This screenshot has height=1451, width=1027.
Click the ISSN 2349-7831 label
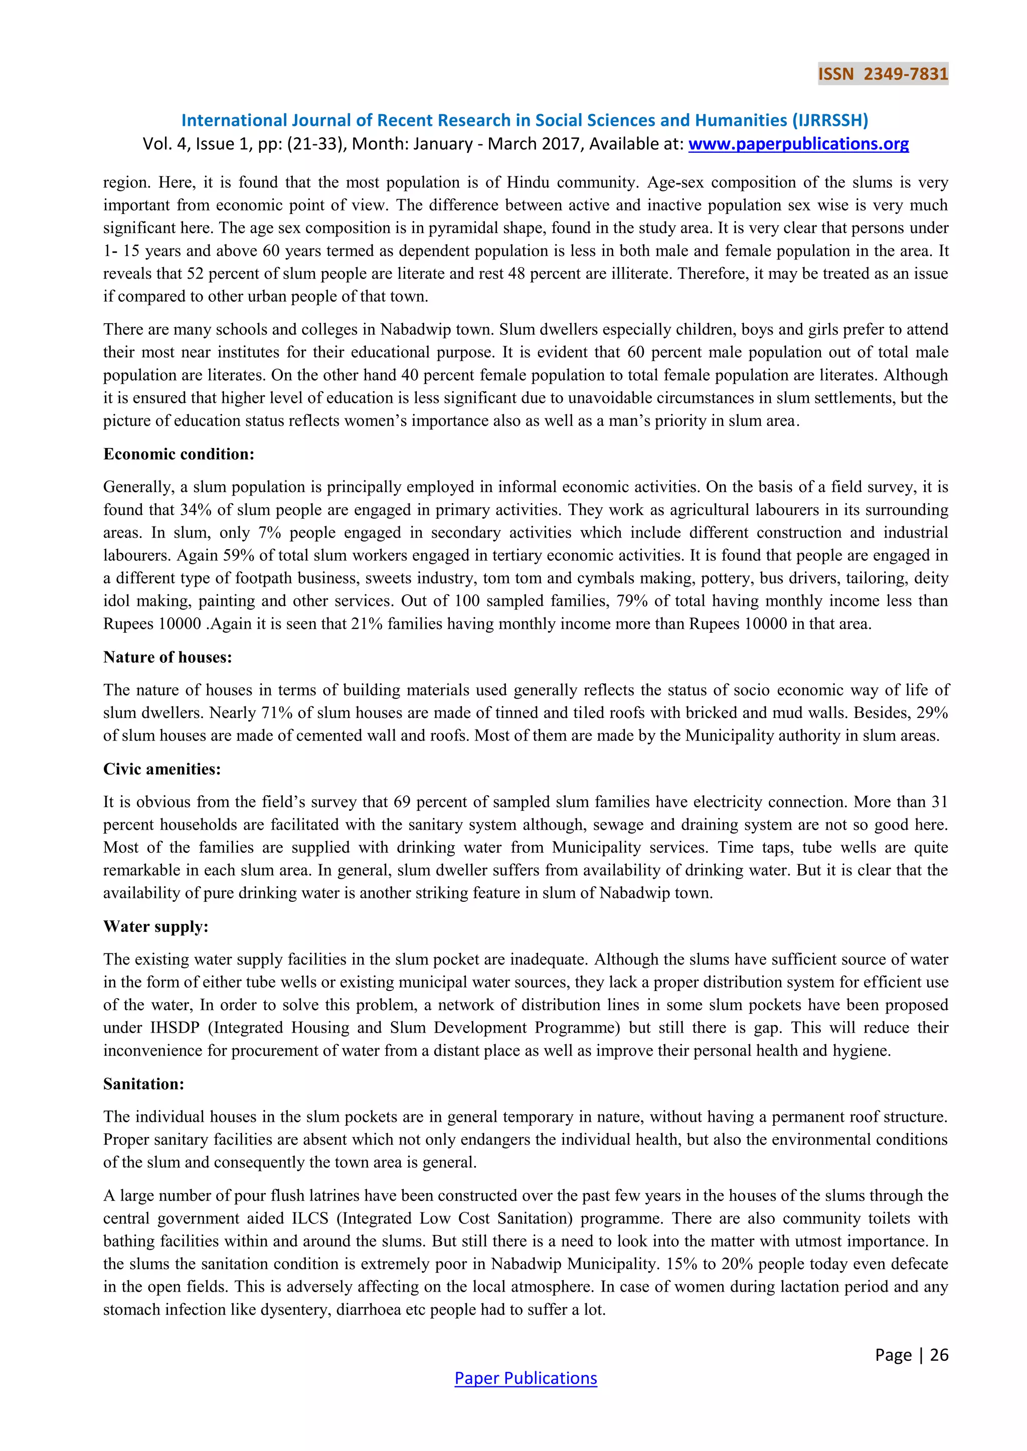tap(883, 74)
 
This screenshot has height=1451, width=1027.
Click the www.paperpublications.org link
tap(798, 144)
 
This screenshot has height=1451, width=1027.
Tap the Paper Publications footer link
tap(526, 1378)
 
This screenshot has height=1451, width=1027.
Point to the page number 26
tap(939, 1354)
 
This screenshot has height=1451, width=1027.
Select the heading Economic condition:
tap(179, 454)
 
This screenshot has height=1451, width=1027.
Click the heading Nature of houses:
tap(167, 657)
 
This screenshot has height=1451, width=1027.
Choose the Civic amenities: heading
tap(162, 769)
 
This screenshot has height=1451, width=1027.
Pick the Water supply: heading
tap(155, 926)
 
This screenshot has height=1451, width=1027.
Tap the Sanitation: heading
tap(143, 1084)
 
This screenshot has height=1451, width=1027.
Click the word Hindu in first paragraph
tap(528, 183)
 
